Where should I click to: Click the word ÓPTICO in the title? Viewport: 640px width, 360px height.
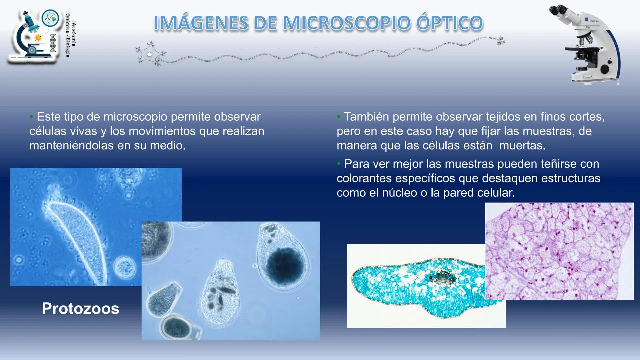450,23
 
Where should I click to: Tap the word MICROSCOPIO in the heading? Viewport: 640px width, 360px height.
347,23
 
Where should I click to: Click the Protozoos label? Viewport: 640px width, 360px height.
80,308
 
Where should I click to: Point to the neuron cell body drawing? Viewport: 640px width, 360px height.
150,54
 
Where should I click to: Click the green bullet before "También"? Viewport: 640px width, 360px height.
339,116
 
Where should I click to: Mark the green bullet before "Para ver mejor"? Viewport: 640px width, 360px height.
339,164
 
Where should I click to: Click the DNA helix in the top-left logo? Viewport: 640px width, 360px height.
53,43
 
